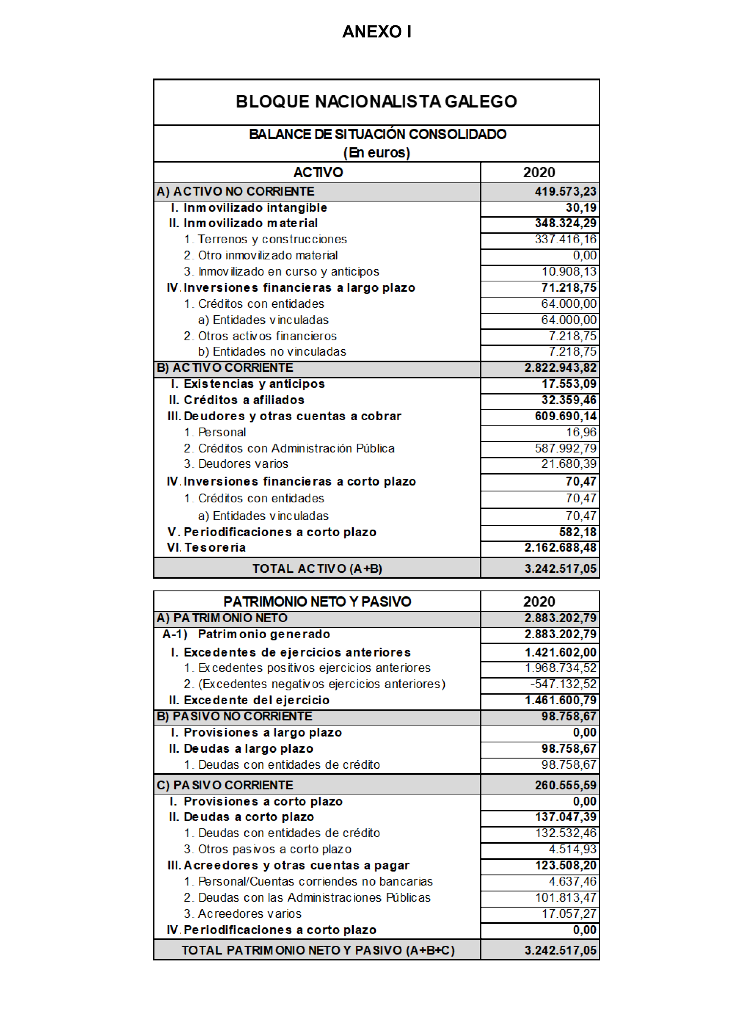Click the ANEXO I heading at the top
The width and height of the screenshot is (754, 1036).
coord(377,31)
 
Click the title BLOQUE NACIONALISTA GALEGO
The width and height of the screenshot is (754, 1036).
coord(376,102)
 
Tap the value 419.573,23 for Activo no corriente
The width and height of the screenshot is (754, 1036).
coord(565,191)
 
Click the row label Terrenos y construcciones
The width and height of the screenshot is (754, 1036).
coord(265,239)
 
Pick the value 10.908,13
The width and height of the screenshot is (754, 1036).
coord(569,272)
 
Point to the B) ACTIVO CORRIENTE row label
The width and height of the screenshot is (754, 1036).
coord(225,368)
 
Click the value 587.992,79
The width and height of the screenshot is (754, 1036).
coord(565,448)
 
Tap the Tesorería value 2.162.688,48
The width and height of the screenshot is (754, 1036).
coord(560,548)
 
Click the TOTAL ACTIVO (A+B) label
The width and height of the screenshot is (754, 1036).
coord(317,569)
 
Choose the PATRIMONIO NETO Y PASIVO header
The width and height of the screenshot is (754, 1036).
coord(317,602)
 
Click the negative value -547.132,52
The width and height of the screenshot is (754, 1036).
coord(563,684)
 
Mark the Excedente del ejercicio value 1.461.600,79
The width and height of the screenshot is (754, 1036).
coord(560,700)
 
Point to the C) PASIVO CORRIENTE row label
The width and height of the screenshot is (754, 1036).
coord(225,785)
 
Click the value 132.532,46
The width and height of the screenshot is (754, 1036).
coord(565,833)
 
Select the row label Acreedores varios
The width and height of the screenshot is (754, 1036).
coord(243,914)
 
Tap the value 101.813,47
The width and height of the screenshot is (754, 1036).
coord(565,898)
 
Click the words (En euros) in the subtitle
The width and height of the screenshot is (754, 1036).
coord(377,153)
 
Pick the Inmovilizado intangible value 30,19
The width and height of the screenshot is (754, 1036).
coord(581,208)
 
